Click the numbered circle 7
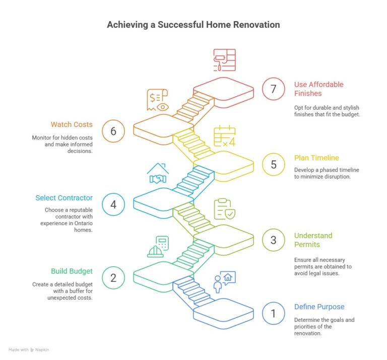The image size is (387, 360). (273, 89)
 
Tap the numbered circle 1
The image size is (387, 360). (273, 313)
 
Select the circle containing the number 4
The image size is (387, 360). (113, 204)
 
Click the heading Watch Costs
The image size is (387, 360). (72, 124)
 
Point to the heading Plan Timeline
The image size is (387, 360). (316, 158)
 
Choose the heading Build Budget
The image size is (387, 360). (72, 271)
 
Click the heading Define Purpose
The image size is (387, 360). (319, 307)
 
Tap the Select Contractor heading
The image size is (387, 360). (64, 198)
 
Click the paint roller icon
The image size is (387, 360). (224, 60)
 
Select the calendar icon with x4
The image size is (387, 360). (224, 136)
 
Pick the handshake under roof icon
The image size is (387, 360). (158, 173)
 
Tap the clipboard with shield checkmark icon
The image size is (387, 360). (225, 209)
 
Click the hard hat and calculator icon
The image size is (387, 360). (158, 247)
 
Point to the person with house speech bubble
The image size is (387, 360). (224, 282)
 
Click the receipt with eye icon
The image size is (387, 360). (158, 100)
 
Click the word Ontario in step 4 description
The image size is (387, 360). (84, 224)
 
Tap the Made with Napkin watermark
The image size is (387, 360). (29, 349)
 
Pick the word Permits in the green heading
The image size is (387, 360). (307, 245)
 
